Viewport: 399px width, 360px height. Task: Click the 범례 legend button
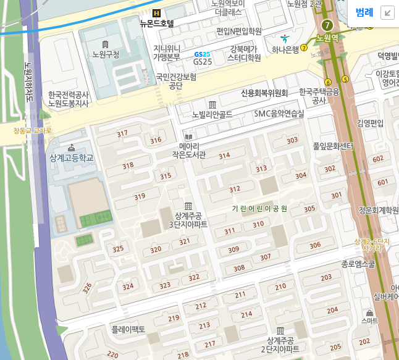(x=364, y=12)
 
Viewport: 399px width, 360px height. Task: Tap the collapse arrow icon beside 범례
(x=387, y=12)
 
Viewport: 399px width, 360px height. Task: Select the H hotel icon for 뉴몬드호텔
(x=157, y=13)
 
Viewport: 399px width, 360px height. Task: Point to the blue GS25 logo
(x=202, y=54)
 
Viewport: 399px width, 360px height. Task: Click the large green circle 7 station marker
(x=327, y=25)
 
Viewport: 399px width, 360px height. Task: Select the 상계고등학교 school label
(x=72, y=158)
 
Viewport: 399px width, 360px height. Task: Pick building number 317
(x=122, y=133)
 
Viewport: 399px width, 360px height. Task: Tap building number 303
(x=292, y=141)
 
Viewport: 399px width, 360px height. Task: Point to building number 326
(x=87, y=288)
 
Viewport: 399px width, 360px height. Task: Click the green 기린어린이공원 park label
(x=259, y=209)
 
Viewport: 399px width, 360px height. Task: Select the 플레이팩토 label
(x=128, y=329)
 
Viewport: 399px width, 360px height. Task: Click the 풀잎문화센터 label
(x=333, y=146)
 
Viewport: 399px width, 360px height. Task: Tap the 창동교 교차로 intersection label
(x=33, y=130)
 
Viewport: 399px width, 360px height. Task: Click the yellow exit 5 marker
(x=345, y=78)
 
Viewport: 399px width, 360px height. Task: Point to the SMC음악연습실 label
(x=279, y=114)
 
